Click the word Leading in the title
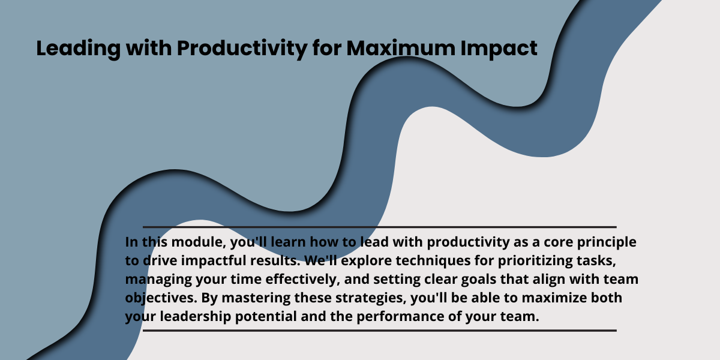[x=79, y=49]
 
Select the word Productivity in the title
[x=242, y=49]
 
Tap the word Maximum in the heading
[x=401, y=48]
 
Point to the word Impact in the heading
[x=499, y=49]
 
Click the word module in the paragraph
[x=199, y=242]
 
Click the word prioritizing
[x=535, y=261]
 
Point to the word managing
[x=158, y=280]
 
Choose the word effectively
[x=302, y=279]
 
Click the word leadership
[x=196, y=317]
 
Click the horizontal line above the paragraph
[x=380, y=227]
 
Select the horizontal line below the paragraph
[x=380, y=331]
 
